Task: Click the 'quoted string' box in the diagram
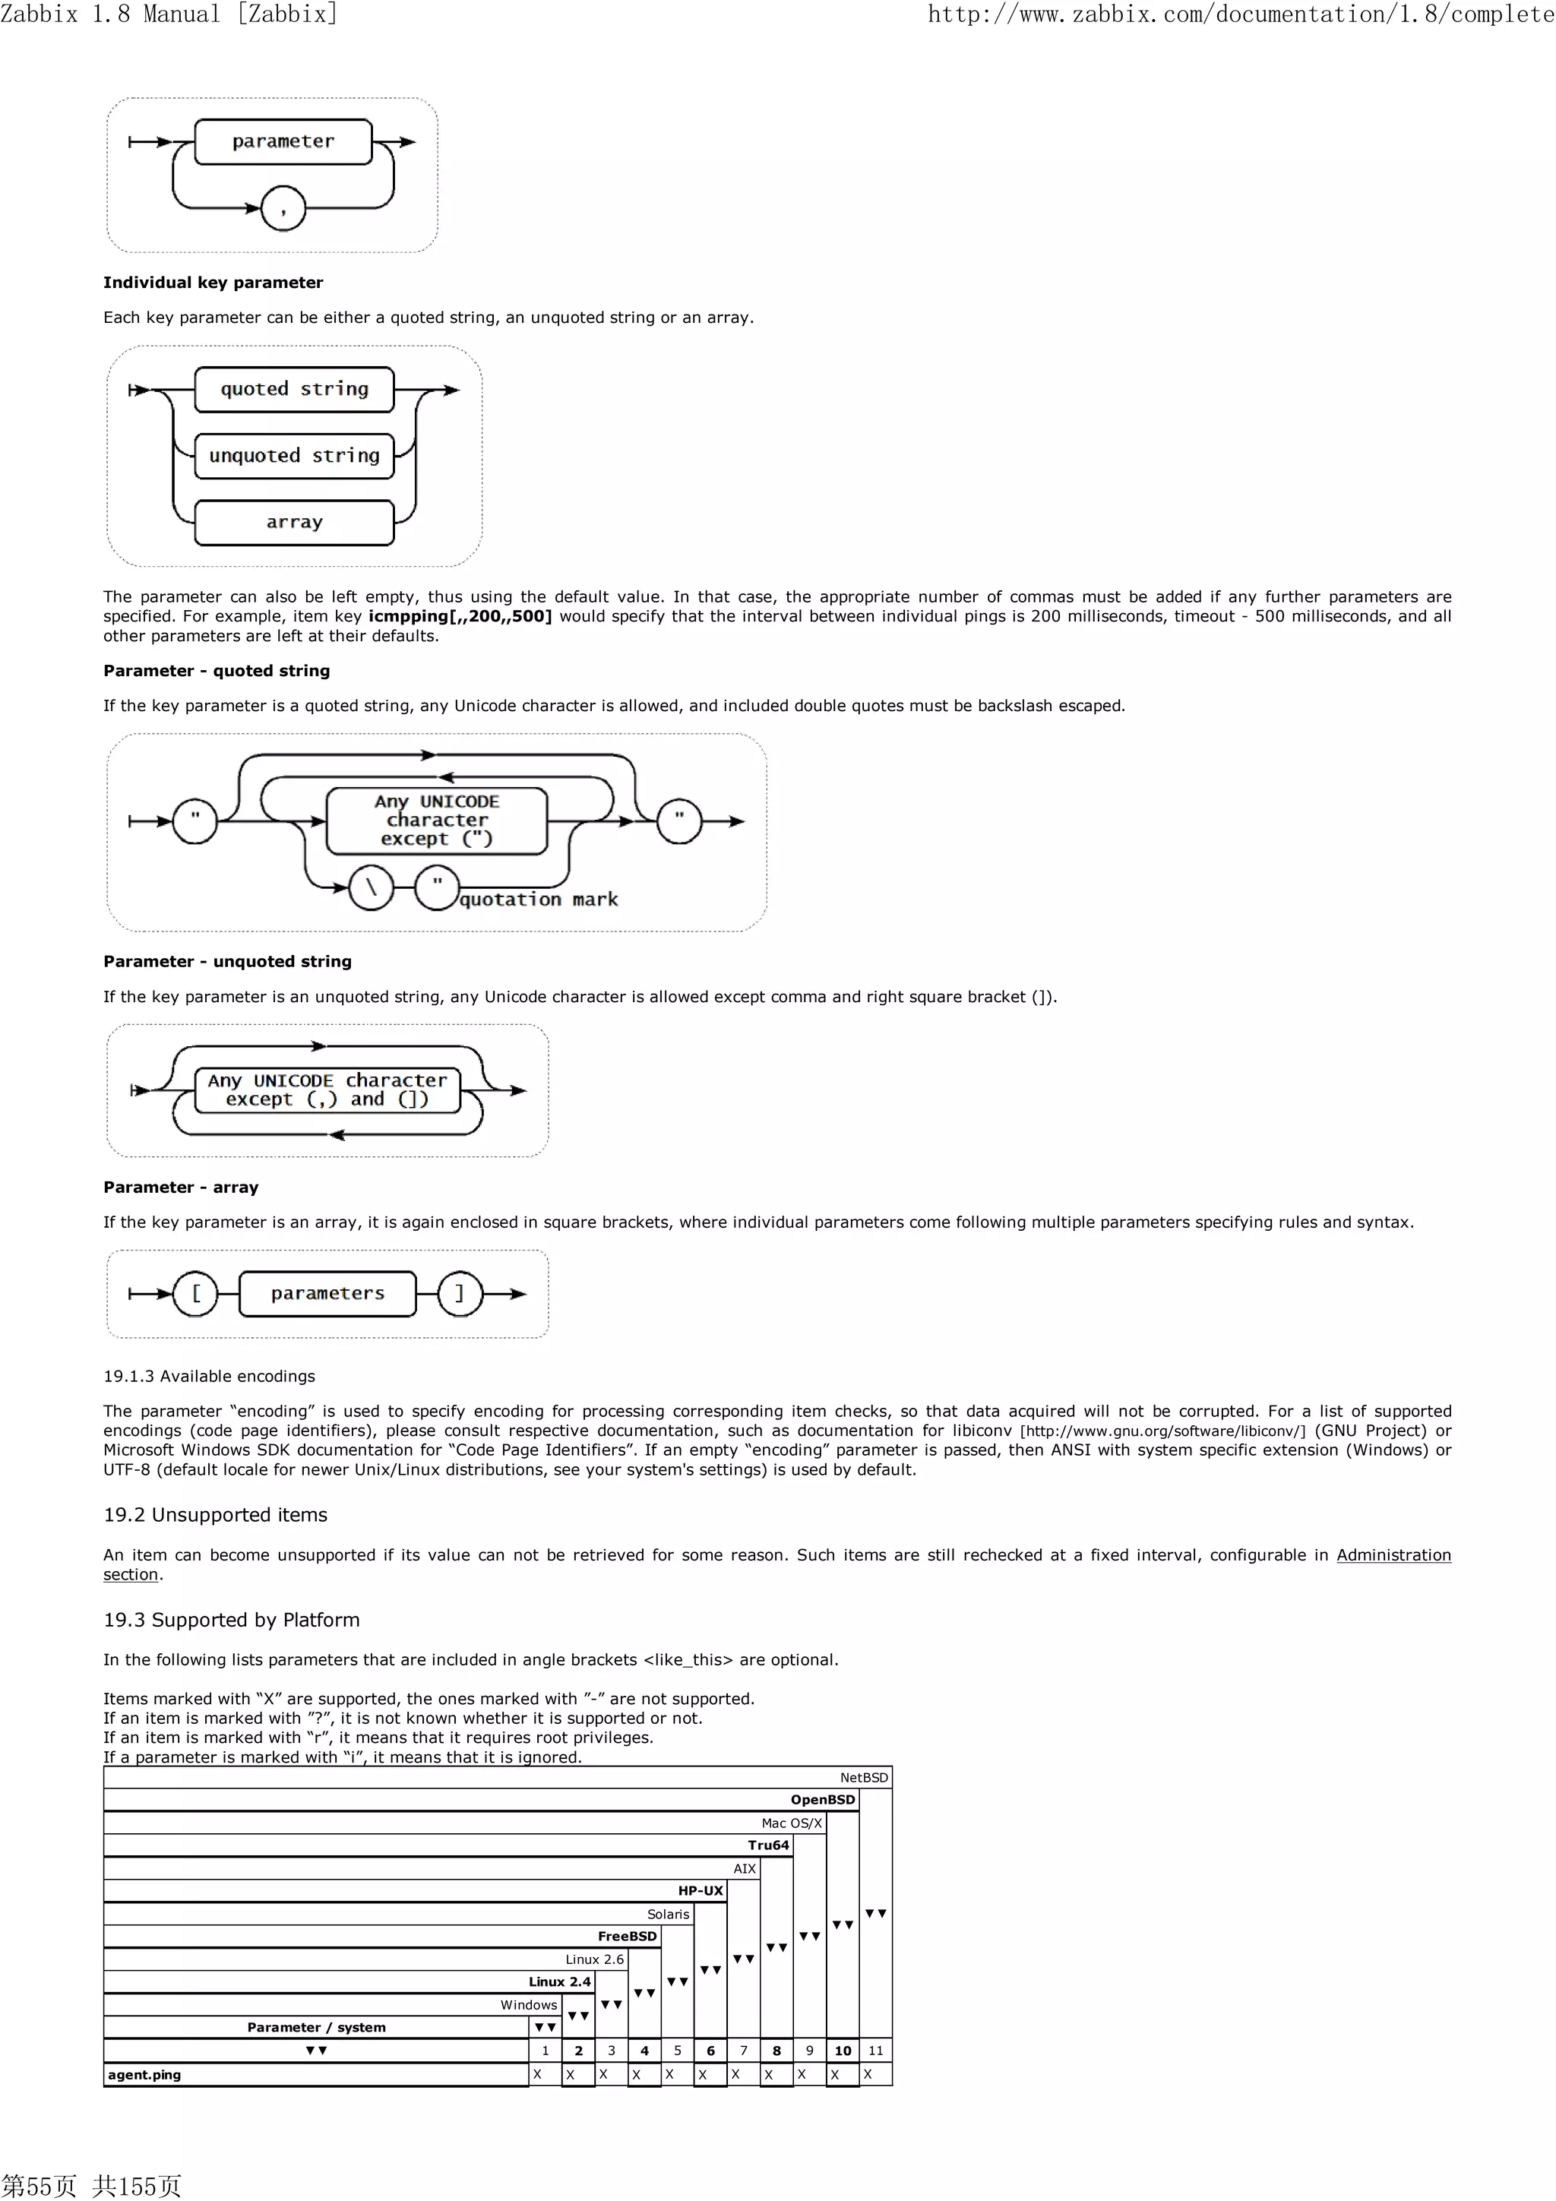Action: [x=293, y=389]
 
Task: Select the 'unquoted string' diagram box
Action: [x=293, y=455]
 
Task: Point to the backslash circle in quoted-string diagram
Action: [x=371, y=887]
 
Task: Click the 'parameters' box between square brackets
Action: [x=327, y=1293]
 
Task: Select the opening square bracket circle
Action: [x=195, y=1293]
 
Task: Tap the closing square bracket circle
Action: [x=459, y=1293]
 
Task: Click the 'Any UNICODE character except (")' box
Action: [x=436, y=821]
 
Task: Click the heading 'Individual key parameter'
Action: [x=213, y=283]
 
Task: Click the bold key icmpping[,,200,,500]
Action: [x=459, y=616]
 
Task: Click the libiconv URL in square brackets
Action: [x=1162, y=1431]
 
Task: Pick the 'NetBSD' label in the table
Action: [x=863, y=1777]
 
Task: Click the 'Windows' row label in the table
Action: [x=528, y=2004]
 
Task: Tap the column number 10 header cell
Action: [x=843, y=2051]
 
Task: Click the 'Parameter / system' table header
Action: [x=316, y=2028]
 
